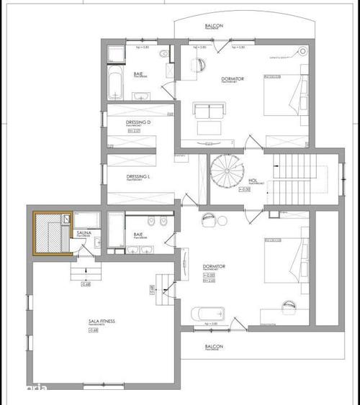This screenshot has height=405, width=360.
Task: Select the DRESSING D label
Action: [138, 123]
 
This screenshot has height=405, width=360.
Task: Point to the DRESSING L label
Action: [138, 176]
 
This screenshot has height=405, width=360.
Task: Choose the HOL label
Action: [253, 181]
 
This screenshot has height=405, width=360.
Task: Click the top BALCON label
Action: [213, 26]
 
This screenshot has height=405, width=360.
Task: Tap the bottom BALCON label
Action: [213, 347]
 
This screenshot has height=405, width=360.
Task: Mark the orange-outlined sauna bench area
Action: [51, 232]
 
